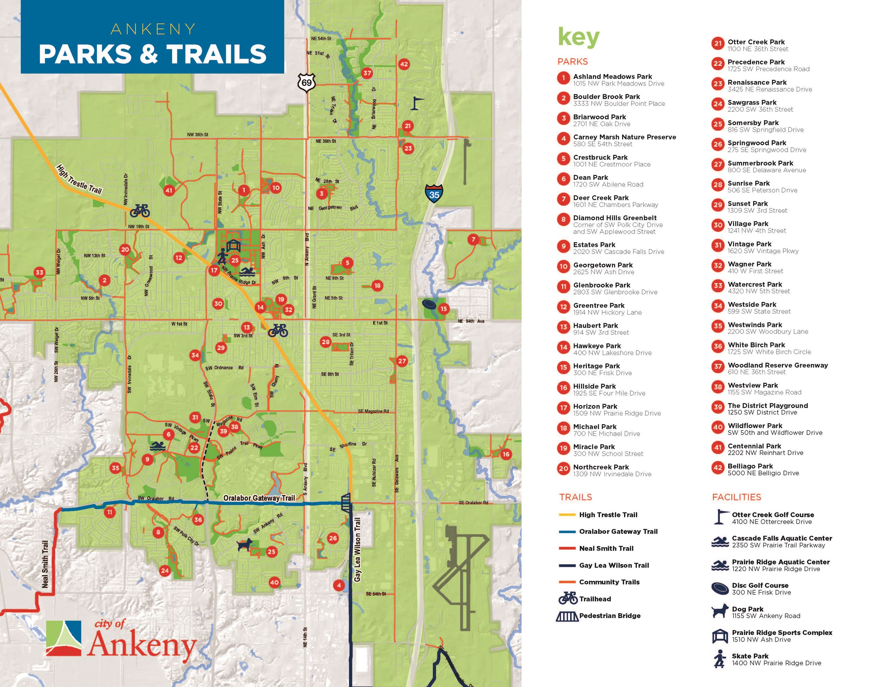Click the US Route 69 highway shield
point(306,83)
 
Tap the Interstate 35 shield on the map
point(434,193)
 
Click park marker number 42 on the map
point(404,64)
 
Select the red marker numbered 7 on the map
point(473,239)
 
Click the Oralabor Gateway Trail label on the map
point(259,498)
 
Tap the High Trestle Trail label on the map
point(79,180)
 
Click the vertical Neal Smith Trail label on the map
point(45,564)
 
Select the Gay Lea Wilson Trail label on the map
point(357,550)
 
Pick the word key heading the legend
point(578,37)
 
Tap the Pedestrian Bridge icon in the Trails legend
point(567,617)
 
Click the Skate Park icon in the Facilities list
point(719,659)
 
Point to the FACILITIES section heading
point(736,497)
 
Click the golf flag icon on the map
point(416,103)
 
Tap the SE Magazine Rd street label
point(373,411)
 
